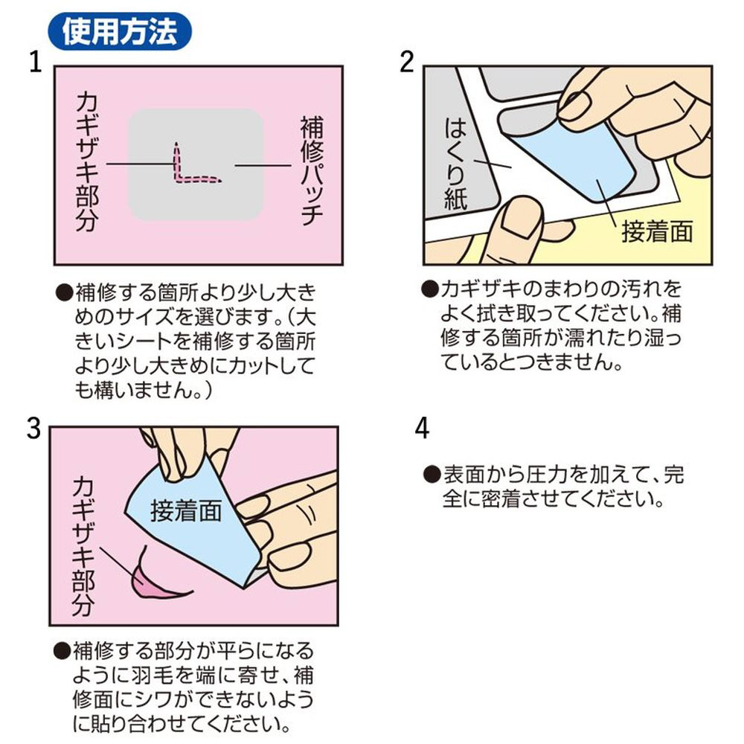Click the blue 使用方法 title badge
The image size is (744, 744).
pyautogui.click(x=120, y=32)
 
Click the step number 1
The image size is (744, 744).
pyautogui.click(x=36, y=62)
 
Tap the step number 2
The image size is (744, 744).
pyautogui.click(x=407, y=62)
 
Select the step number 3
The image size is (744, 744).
pyautogui.click(x=33, y=429)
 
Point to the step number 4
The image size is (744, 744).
pyautogui.click(x=422, y=429)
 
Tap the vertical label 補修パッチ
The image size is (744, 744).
pyautogui.click(x=312, y=170)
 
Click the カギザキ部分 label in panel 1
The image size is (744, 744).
pyautogui.click(x=87, y=161)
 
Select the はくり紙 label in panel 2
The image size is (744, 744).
pyautogui.click(x=455, y=164)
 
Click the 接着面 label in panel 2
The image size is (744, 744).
pyautogui.click(x=657, y=232)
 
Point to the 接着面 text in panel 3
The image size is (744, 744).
pyautogui.click(x=186, y=512)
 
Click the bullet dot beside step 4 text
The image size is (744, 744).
pyautogui.click(x=432, y=475)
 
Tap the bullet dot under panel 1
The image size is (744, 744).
pyautogui.click(x=65, y=292)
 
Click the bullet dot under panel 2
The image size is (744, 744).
pyautogui.click(x=430, y=289)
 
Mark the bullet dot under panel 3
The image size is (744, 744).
pyautogui.click(x=62, y=651)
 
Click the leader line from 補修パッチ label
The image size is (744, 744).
pyautogui.click(x=263, y=166)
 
